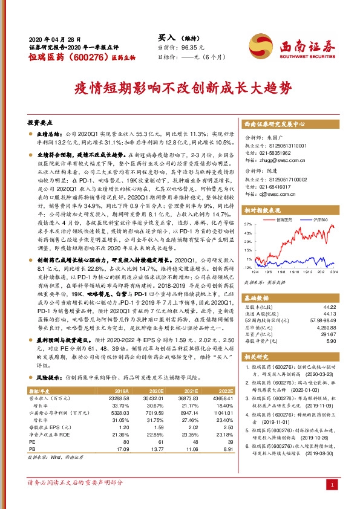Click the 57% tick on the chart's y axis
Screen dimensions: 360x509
[x=247, y=223]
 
